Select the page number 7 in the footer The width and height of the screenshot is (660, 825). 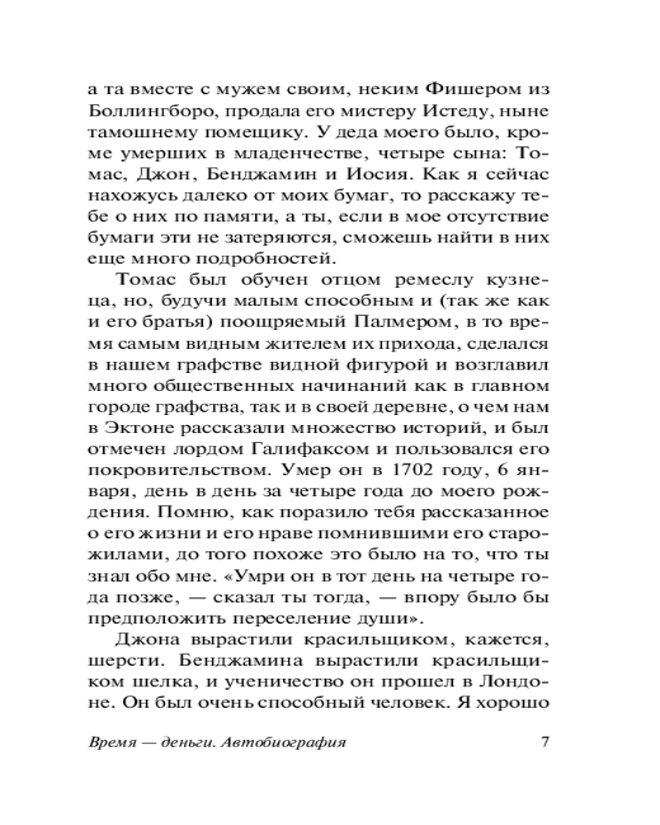543,740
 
